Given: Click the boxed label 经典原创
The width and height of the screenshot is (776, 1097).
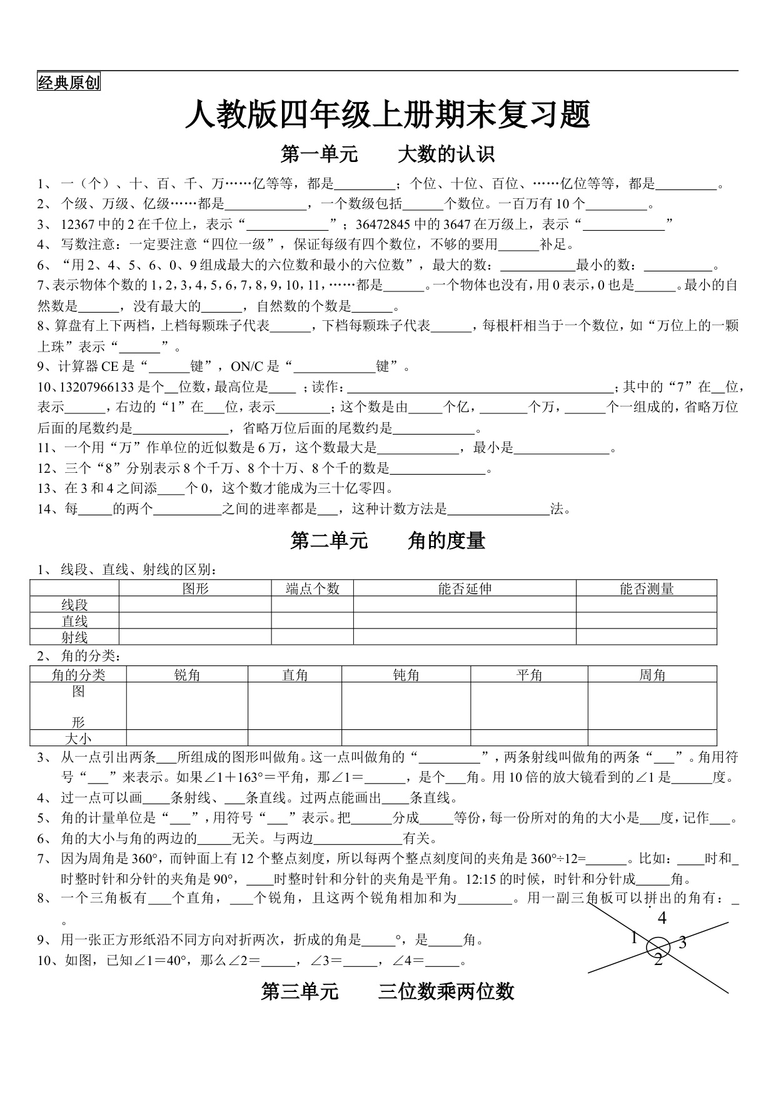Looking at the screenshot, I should (x=69, y=83).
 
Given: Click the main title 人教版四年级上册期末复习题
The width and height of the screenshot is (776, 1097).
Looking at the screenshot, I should (x=388, y=115).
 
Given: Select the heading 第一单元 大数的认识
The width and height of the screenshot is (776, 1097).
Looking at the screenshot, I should (x=388, y=154).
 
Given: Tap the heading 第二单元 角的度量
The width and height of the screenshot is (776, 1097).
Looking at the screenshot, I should (x=388, y=541).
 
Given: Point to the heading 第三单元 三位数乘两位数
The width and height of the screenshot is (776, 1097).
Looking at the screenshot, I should (x=388, y=991).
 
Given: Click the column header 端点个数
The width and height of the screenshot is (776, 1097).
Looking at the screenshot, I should (x=312, y=589).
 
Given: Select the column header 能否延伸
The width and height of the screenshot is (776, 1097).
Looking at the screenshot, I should (x=465, y=589).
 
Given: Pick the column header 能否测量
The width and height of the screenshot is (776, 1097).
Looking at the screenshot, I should (x=646, y=589).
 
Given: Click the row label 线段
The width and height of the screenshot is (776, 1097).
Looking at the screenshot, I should (x=74, y=605).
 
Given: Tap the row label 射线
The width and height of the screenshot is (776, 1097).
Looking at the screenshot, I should (x=74, y=637).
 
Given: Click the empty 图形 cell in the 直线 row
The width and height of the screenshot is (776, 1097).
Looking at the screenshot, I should (x=195, y=620).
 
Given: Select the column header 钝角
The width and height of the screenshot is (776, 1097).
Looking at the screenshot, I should (x=406, y=675).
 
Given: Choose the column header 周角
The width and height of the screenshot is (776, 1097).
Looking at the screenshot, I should (x=652, y=675).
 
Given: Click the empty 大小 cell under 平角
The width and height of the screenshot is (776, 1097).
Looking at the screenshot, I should (x=529, y=738).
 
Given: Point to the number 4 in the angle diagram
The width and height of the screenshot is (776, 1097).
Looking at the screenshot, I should (x=662, y=918).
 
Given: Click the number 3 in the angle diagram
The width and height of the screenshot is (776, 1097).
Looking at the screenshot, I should (x=682, y=943).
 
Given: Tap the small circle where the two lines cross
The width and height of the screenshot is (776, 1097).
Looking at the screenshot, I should (x=658, y=946).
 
